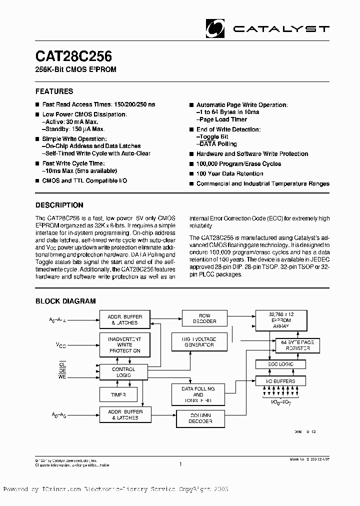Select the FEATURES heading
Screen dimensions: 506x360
click(54, 91)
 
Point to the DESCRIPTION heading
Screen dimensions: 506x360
click(59, 205)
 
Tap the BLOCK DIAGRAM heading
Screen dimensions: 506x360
click(65, 301)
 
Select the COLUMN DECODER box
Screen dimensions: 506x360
click(200, 418)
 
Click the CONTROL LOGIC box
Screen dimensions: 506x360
click(124, 372)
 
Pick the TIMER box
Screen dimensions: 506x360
click(118, 394)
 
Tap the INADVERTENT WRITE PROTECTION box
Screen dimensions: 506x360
click(124, 345)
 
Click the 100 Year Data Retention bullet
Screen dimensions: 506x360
click(229, 173)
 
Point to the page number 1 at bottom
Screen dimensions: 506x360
click(179, 464)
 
